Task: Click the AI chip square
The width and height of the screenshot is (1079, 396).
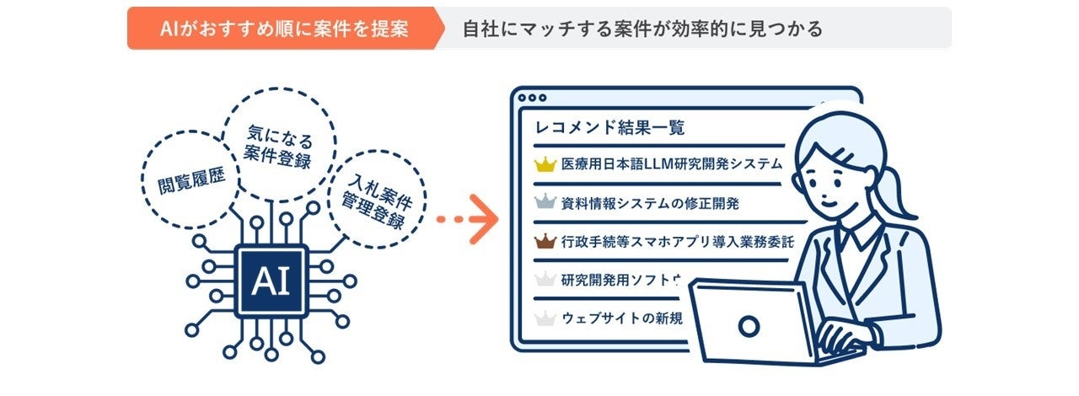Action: coord(271,281)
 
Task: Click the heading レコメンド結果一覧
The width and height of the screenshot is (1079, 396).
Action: coord(610,128)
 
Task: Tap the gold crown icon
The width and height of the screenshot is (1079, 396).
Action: coord(546,163)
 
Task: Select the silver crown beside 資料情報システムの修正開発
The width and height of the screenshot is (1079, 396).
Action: coord(546,203)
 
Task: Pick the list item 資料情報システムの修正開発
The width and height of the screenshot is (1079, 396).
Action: coord(650,203)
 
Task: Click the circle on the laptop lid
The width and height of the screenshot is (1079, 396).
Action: coord(748,325)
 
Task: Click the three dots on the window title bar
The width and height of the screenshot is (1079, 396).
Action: coord(532,98)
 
